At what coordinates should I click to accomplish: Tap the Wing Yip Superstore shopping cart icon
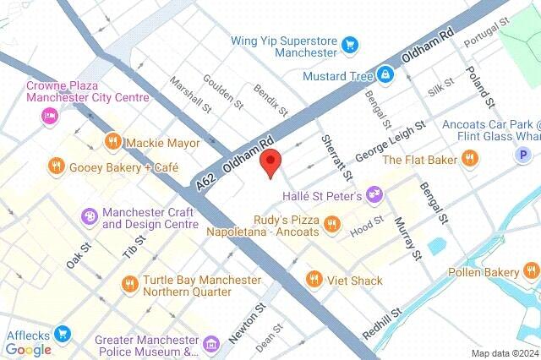coord(349,41)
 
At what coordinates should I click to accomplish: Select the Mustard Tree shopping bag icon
coord(385,76)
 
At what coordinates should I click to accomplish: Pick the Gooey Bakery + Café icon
coord(56,166)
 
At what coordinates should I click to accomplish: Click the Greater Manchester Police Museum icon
coord(210,343)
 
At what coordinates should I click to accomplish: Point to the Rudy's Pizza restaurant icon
coord(332,224)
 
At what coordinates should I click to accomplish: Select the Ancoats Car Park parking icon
coord(525,155)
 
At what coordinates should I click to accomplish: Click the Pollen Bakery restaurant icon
coord(529,272)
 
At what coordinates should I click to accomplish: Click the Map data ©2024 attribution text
coord(504,353)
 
